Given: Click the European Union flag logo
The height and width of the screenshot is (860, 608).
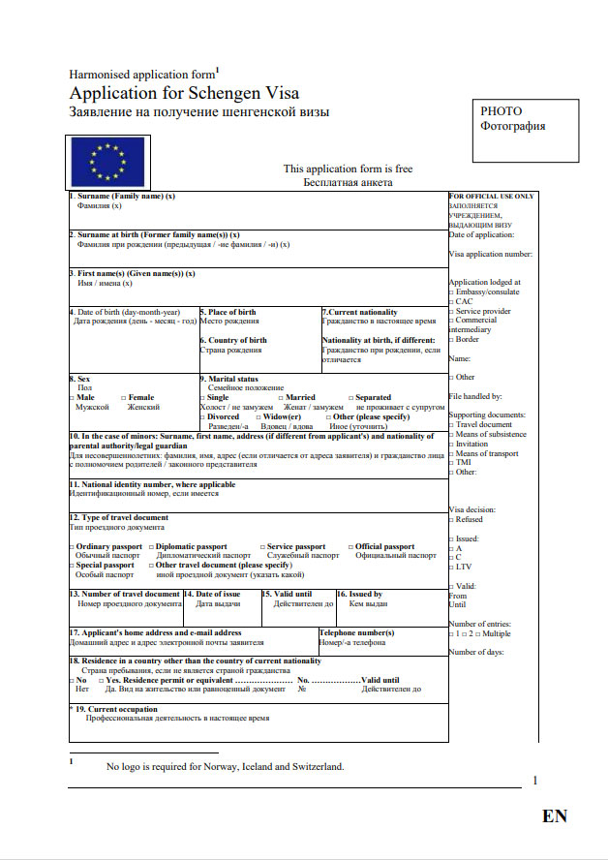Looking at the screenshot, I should (x=106, y=161).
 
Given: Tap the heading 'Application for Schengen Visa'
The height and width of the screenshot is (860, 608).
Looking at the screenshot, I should (x=184, y=94).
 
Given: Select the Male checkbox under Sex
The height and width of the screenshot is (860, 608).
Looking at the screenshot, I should (x=72, y=398).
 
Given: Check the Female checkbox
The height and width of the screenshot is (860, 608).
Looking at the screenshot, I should (x=124, y=398).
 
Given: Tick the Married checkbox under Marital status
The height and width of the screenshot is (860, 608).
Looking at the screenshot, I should (x=282, y=398).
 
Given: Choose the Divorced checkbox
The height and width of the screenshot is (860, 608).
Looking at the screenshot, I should (x=203, y=416).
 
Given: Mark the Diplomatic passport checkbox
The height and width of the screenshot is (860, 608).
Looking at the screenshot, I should (x=152, y=547).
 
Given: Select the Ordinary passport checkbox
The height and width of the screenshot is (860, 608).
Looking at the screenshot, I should (x=72, y=547).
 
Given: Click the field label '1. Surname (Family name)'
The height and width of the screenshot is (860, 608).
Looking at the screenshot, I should (x=121, y=197).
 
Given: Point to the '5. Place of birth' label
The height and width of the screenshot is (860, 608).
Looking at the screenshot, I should (x=228, y=313).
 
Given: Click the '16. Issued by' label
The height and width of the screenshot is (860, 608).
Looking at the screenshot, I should (x=359, y=594).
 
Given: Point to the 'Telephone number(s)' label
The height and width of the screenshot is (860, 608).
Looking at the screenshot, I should (x=356, y=633).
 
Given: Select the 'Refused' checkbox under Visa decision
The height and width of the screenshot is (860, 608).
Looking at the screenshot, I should (x=451, y=520).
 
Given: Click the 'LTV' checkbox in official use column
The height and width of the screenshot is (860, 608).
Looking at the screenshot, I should (x=451, y=567).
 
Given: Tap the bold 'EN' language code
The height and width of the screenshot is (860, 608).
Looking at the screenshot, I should (x=555, y=815).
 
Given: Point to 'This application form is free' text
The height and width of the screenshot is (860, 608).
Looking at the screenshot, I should (x=348, y=169).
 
